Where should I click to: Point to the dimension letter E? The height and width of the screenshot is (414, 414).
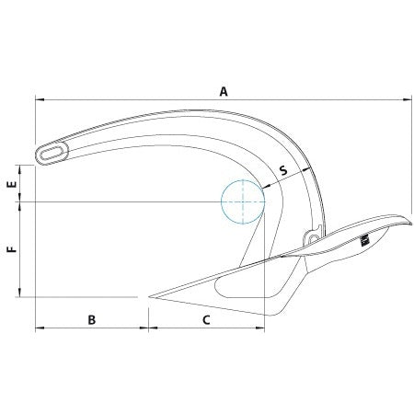(x=11, y=184)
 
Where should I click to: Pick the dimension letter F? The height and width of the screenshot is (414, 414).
(x=11, y=249)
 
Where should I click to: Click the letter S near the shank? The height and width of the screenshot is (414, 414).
(x=282, y=171)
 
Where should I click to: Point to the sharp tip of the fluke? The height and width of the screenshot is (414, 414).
(x=148, y=297)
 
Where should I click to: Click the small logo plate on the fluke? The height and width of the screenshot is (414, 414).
(x=364, y=240)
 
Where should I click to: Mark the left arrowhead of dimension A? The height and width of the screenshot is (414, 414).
(x=38, y=101)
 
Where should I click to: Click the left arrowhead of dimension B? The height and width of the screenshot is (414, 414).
(x=38, y=328)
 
